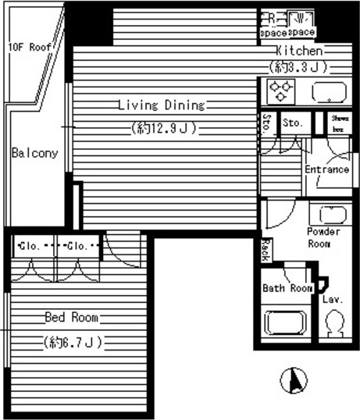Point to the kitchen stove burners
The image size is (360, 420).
click(x=278, y=91)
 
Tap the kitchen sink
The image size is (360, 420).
click(x=326, y=92)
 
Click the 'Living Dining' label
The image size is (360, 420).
click(x=161, y=105)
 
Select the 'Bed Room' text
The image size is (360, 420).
click(x=71, y=317)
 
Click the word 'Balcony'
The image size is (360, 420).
click(x=34, y=153)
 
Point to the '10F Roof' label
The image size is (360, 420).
click(x=30, y=47)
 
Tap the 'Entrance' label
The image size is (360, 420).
click(x=326, y=169)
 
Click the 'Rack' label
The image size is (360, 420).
click(x=266, y=249)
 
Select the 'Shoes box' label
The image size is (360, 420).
click(x=339, y=123)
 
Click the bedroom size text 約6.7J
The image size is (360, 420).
click(x=72, y=341)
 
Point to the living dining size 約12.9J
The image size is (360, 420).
click(x=162, y=127)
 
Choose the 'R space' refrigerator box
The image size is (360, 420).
click(x=273, y=24)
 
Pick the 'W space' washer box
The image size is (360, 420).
click(x=301, y=24)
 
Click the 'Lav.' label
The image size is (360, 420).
click(x=332, y=299)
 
